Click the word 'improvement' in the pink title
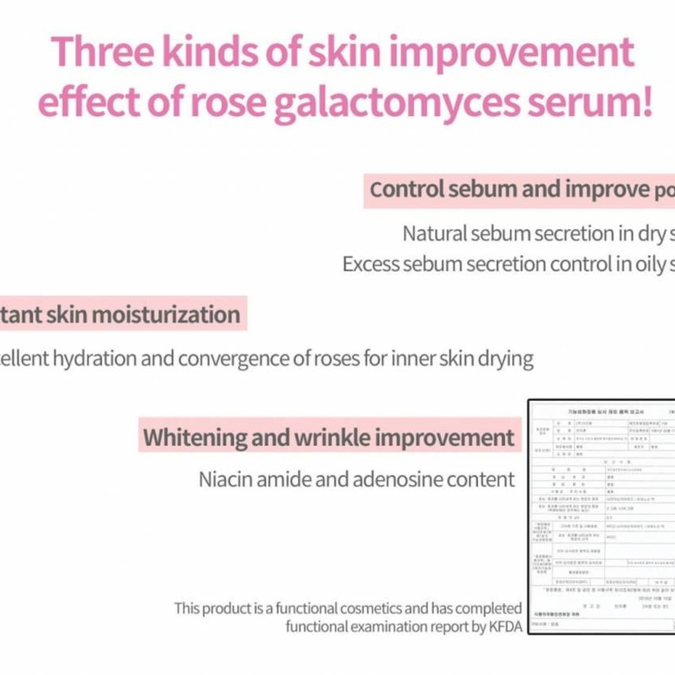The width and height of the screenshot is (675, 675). (x=511, y=52)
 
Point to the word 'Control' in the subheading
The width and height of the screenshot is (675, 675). (x=407, y=189)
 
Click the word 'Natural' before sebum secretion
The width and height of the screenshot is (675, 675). (x=434, y=234)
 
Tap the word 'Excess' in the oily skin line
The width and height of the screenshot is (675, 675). (x=370, y=265)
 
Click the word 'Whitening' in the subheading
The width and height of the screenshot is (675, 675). (x=194, y=437)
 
